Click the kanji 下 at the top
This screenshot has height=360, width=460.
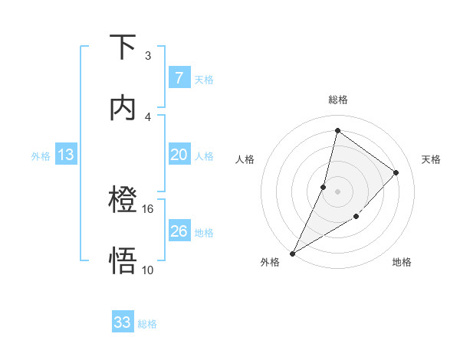pos(123,47)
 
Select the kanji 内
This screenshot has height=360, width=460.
pos(123,108)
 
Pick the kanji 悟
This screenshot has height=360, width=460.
pos(123,261)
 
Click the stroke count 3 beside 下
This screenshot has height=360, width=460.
pos(148,56)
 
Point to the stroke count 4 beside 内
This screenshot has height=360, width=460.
pos(148,116)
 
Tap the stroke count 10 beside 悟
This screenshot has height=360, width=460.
pos(148,270)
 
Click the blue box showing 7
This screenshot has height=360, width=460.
pos(179,77)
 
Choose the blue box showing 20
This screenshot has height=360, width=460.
pos(179,155)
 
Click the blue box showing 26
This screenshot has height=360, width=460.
pos(179,231)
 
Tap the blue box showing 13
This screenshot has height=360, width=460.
pos(65,155)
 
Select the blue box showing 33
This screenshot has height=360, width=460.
pos(123,322)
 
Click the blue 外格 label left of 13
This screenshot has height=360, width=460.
pos(41,156)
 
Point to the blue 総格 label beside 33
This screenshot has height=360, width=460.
pos(147,324)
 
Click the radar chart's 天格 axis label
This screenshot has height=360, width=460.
pos(431,159)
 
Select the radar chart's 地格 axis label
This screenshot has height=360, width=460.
pos(402,262)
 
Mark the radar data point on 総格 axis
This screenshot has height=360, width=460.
pos(337,130)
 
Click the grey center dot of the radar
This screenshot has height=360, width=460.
pos(337,191)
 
